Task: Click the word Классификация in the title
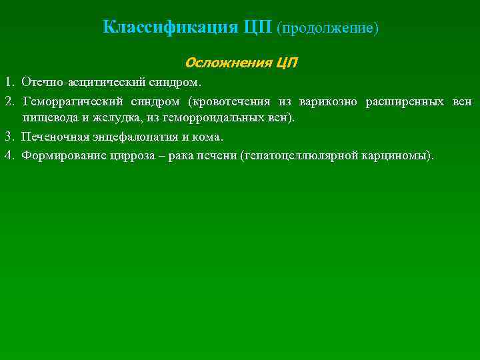(x=171, y=27)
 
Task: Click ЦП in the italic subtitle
(x=286, y=63)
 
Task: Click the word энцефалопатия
(x=131, y=137)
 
